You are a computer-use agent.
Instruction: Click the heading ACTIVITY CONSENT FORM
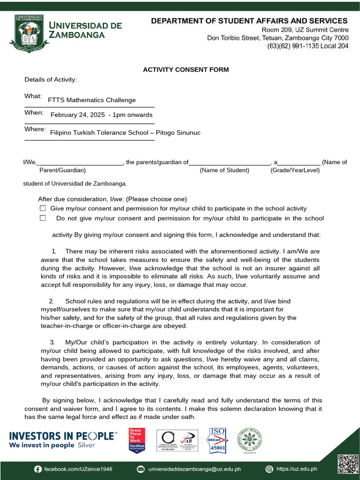click(186, 70)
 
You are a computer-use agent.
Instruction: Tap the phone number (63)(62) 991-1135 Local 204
click(307, 46)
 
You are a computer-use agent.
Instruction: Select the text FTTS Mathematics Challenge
click(92, 100)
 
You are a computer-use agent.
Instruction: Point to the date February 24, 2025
click(78, 115)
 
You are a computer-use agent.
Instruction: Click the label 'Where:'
click(35, 129)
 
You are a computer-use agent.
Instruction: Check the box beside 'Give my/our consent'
click(43, 208)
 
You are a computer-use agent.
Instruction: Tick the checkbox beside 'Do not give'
click(43, 218)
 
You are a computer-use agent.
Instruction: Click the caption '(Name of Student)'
click(225, 170)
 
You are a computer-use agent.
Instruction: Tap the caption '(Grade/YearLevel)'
click(295, 170)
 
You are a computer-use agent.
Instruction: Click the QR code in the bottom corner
click(347, 464)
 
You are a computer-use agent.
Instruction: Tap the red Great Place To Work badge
click(137, 440)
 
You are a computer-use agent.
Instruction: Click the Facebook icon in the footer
click(37, 469)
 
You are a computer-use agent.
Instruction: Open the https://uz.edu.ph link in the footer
click(296, 469)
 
